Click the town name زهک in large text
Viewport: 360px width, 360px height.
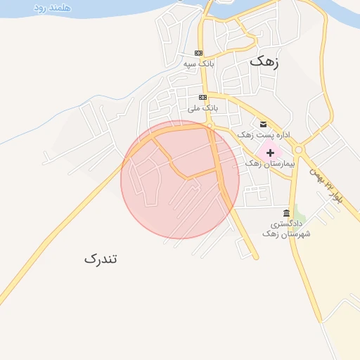[x=264, y=61]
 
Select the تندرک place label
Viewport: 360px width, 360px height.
[x=101, y=259]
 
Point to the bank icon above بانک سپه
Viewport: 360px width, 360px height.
[x=199, y=53]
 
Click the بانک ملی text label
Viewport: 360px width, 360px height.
[x=203, y=108]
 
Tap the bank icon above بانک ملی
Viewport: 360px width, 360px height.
[x=203, y=97]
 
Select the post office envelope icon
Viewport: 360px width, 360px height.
[x=263, y=123]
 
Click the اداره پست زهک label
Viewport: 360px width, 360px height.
[x=264, y=134]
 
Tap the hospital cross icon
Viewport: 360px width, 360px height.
[x=270, y=152]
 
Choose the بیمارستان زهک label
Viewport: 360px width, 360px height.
[x=273, y=163]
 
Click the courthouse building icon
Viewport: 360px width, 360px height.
[x=285, y=213]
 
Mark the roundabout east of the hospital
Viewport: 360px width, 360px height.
[x=298, y=149]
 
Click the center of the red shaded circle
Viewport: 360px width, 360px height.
[x=180, y=179]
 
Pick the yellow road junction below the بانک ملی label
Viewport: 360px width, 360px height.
[x=210, y=125]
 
